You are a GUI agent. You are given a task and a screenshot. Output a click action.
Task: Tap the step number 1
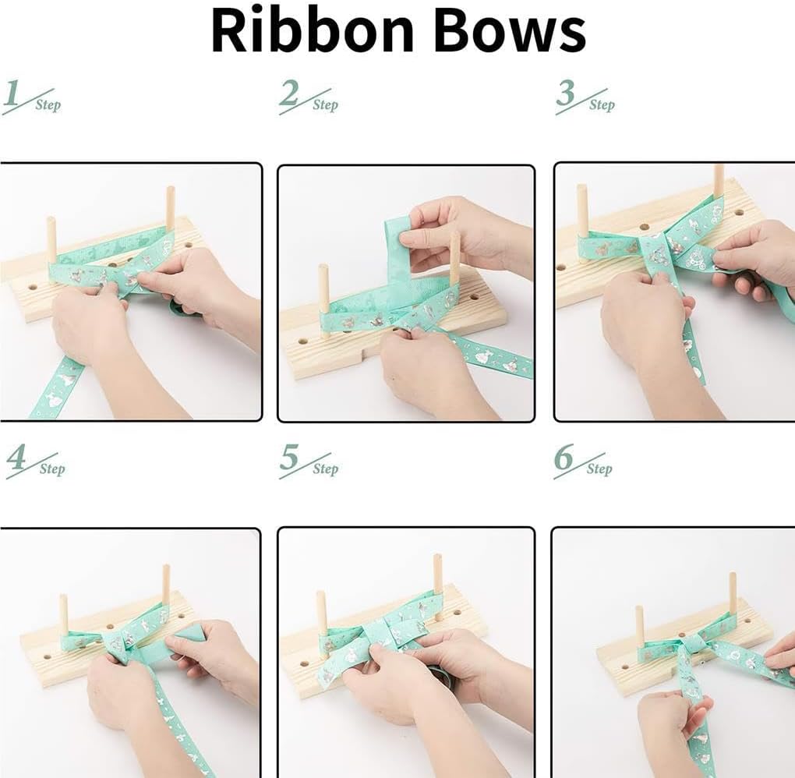tap(11, 93)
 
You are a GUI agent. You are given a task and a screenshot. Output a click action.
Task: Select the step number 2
tap(288, 93)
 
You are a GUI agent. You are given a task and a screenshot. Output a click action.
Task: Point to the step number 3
tap(565, 93)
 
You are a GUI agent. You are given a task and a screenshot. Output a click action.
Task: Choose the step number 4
tap(16, 457)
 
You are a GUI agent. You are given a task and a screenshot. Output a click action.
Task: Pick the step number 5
tap(288, 457)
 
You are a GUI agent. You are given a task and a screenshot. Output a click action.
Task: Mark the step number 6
tap(563, 457)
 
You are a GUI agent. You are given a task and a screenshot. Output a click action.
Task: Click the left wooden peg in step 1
tap(51, 240)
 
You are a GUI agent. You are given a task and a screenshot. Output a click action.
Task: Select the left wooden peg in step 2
tap(323, 299)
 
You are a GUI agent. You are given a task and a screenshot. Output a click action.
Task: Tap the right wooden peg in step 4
tap(166, 589)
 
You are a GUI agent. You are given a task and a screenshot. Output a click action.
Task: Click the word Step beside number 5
tap(325, 469)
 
